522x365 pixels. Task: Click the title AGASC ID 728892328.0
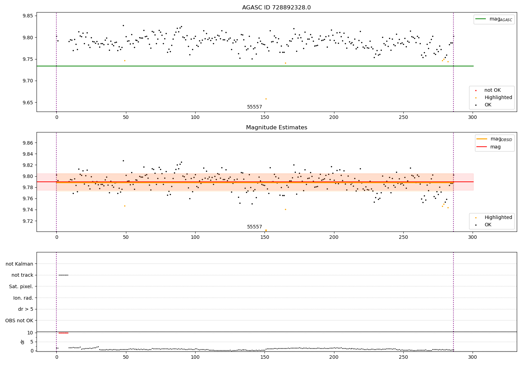coord(276,8)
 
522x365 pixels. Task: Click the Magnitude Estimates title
coord(276,128)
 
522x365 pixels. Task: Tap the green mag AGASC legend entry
coord(494,19)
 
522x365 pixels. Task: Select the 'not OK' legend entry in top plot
coord(492,90)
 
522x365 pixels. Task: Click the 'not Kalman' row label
coord(19,264)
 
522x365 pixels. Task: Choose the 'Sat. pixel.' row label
coord(21,286)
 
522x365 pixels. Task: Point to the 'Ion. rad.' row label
coord(23,298)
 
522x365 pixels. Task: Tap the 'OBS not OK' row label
coord(19,321)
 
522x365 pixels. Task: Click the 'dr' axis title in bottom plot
coord(23,342)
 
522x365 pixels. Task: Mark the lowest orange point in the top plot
coord(266,99)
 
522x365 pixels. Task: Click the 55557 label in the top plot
coord(254,107)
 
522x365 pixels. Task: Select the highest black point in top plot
coord(123,25)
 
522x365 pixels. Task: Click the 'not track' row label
coord(22,275)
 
